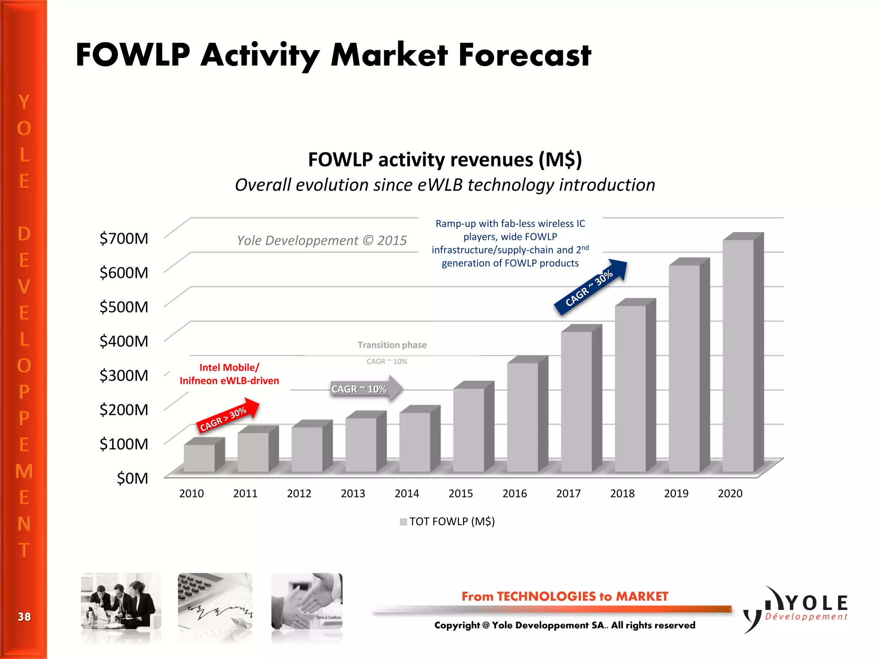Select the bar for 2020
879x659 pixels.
pos(738,356)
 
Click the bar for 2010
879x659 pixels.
pos(200,458)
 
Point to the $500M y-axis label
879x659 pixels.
pos(124,307)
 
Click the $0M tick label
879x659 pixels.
pos(132,478)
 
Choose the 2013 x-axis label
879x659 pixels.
pos(353,493)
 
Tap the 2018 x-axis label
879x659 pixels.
pos(622,493)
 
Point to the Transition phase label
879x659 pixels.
pos(392,345)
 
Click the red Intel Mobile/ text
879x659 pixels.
pos(229,368)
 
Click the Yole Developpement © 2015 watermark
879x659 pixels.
pos(322,241)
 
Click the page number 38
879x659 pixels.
pos(24,617)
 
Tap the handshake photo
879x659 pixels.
pos(307,601)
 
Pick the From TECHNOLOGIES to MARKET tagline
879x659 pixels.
pos(565,596)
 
